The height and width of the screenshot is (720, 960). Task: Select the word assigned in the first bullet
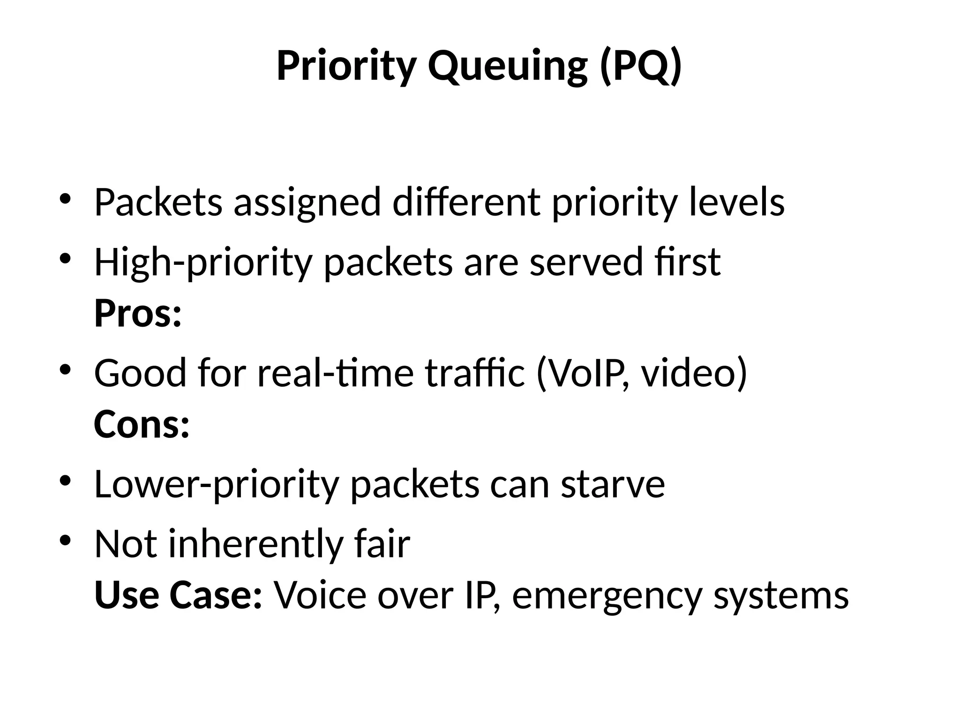tap(307, 202)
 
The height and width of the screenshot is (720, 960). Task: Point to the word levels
tap(736, 202)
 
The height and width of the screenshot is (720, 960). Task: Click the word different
tap(466, 202)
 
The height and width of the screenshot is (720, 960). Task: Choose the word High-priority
tap(203, 262)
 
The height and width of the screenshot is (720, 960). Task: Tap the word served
tap(585, 262)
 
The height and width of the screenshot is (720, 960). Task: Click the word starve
tap(613, 484)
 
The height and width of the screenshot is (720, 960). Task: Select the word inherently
tap(256, 544)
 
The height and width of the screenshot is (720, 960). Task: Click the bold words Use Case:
tap(178, 595)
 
